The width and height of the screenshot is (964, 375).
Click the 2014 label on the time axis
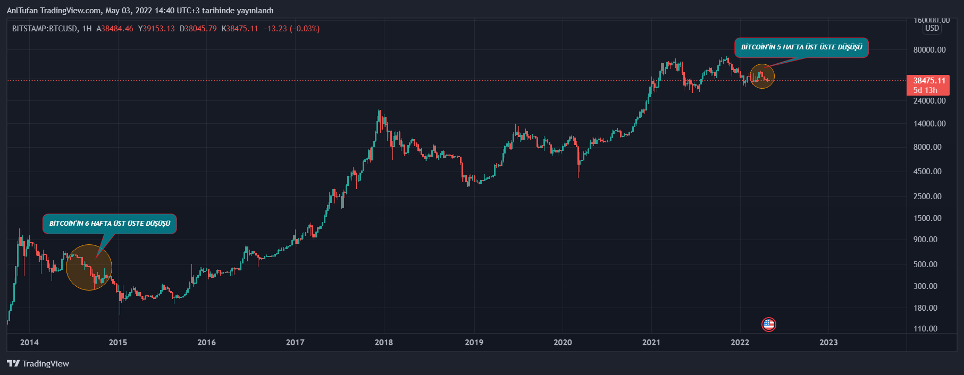pyautogui.click(x=29, y=343)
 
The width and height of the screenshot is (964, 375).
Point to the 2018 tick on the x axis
pyautogui.click(x=383, y=343)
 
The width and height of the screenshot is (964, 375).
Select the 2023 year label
pyautogui.click(x=828, y=343)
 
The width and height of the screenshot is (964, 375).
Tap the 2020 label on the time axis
pyautogui.click(x=563, y=343)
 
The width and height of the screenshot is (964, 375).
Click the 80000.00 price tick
pyautogui.click(x=929, y=50)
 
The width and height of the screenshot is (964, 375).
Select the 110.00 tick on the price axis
pyautogui.click(x=925, y=329)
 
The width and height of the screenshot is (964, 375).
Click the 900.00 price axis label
pyautogui.click(x=925, y=240)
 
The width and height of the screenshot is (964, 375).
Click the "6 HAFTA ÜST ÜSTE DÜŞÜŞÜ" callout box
pyautogui.click(x=110, y=224)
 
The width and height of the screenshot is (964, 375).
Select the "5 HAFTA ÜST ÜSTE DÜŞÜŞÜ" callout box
pyautogui.click(x=801, y=47)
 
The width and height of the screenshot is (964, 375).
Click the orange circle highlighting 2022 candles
pyautogui.click(x=762, y=76)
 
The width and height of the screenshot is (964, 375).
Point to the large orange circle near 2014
pyautogui.click(x=89, y=267)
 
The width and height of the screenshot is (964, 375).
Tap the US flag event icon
pyautogui.click(x=769, y=324)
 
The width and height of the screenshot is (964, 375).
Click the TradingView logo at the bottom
pyautogui.click(x=38, y=364)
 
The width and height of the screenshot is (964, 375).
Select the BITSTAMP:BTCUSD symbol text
pyautogui.click(x=45, y=29)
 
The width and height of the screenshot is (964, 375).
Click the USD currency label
pyautogui.click(x=932, y=28)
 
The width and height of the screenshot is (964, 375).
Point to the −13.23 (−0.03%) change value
pyautogui.click(x=291, y=29)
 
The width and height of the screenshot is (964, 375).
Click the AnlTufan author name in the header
pyautogui.click(x=22, y=11)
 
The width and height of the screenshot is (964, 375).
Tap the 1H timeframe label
pyautogui.click(x=87, y=29)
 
